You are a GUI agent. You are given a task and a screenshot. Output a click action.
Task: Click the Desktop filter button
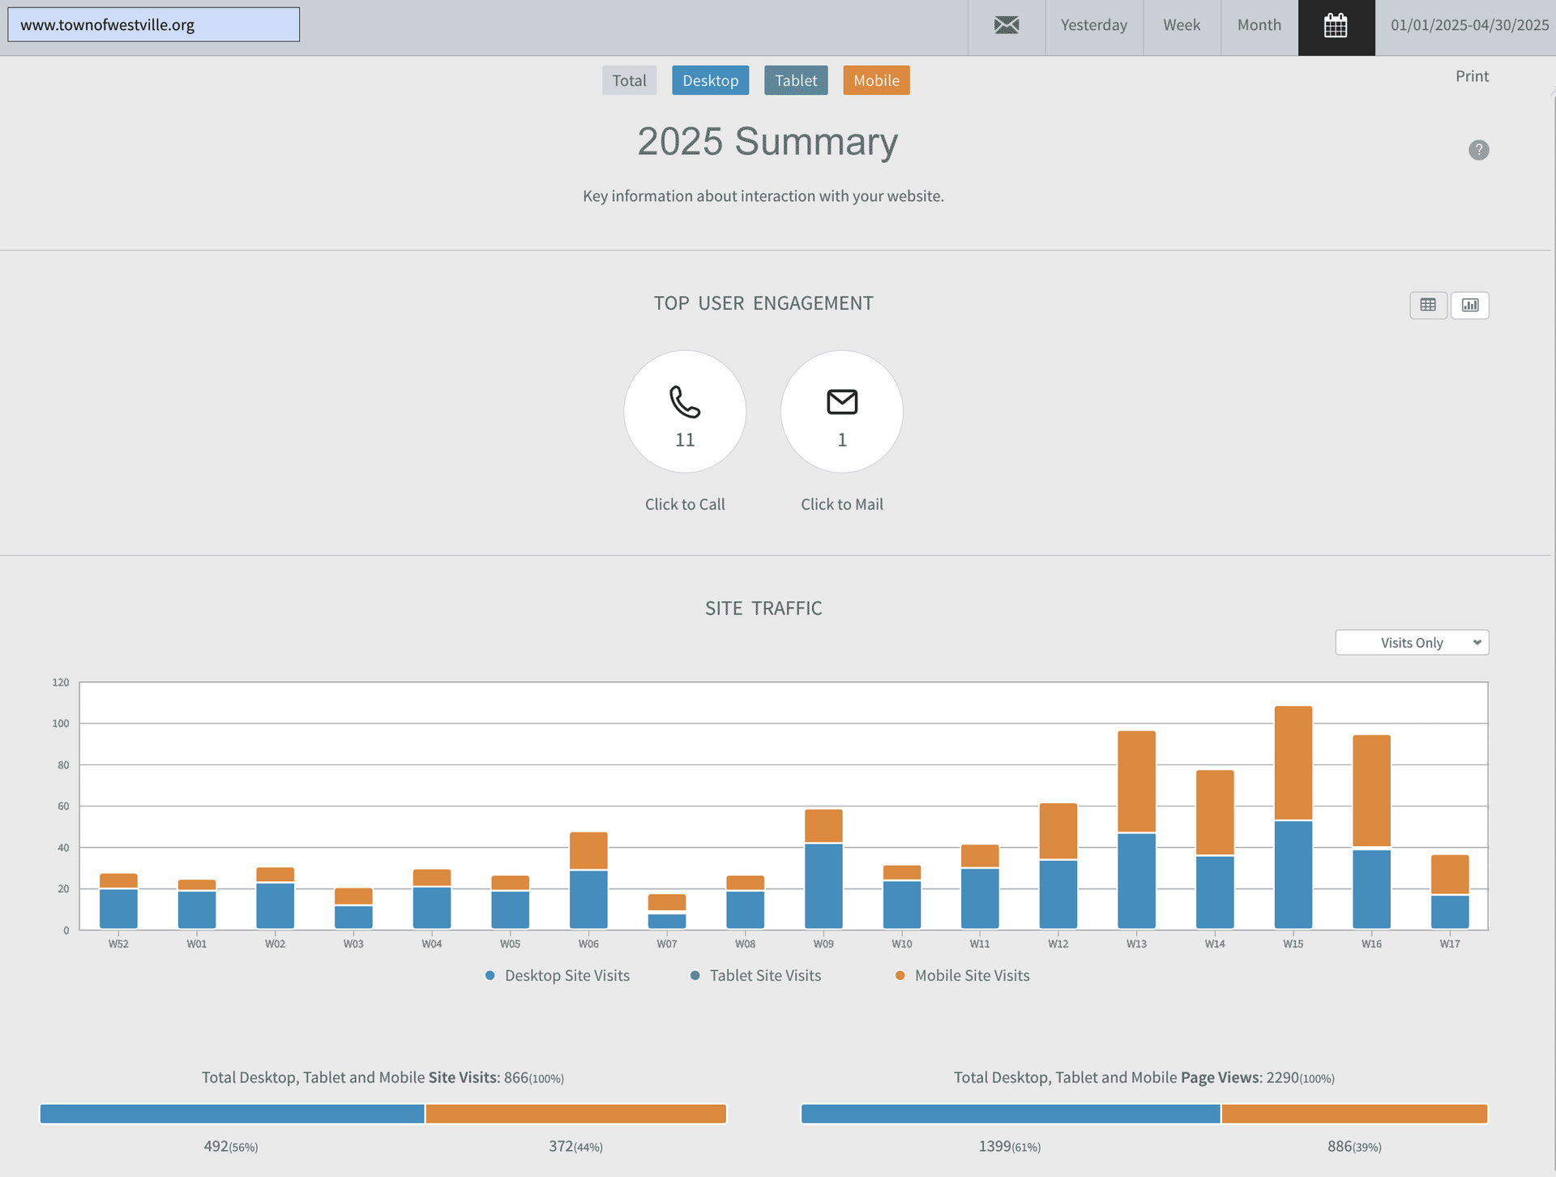(710, 80)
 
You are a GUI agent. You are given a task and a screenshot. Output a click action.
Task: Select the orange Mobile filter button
(876, 80)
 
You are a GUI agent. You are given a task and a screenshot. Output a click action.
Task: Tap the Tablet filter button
(796, 80)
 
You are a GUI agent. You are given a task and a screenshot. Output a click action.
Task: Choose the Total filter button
(629, 80)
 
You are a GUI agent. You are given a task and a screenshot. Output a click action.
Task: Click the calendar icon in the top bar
(1336, 26)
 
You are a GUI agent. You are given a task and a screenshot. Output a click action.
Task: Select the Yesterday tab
(1094, 26)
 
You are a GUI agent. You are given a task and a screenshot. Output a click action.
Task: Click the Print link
(1472, 76)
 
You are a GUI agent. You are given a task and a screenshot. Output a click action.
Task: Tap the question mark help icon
(1479, 150)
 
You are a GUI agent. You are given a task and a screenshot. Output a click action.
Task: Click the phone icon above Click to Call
(685, 402)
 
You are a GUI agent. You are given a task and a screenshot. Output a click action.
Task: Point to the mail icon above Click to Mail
(842, 402)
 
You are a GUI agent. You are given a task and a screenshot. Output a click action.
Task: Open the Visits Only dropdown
(1412, 643)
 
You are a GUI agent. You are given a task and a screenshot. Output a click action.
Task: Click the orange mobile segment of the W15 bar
(1293, 763)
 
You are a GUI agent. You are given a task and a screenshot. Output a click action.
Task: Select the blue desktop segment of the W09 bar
(823, 886)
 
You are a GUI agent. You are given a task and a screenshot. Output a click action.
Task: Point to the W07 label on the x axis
(667, 944)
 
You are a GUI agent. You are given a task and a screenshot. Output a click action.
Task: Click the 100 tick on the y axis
(61, 723)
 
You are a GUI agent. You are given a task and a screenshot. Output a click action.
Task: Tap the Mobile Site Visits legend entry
(963, 976)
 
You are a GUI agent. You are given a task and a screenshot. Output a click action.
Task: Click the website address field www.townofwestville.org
(154, 25)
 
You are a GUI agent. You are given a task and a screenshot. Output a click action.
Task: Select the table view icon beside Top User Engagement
(1428, 305)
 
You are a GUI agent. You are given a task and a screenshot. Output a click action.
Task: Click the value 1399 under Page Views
(994, 1146)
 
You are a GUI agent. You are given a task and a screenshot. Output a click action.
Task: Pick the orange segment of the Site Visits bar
(575, 1114)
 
